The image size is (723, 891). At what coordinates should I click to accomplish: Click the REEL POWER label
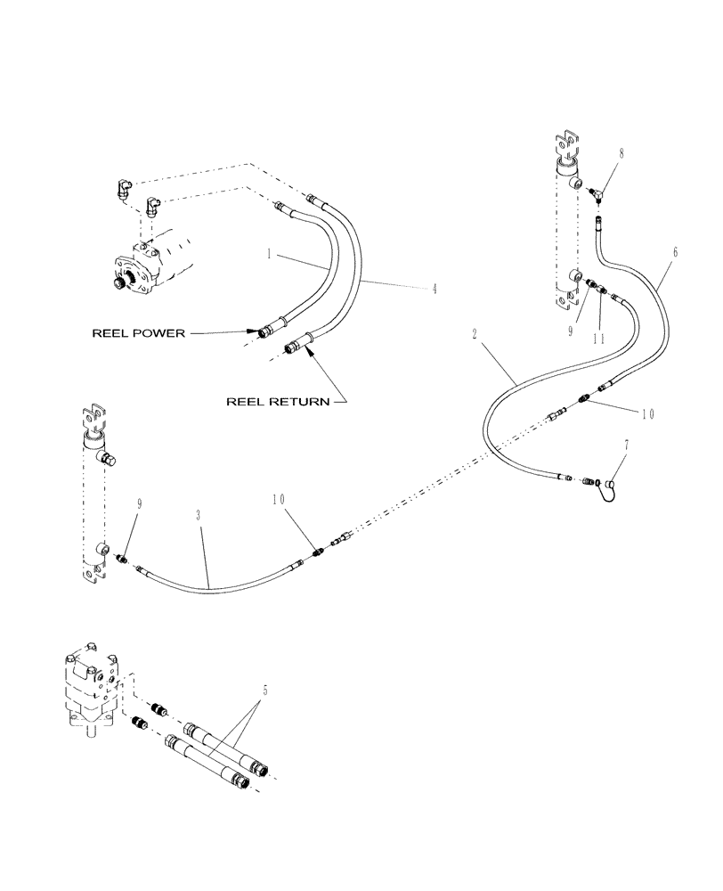pos(139,333)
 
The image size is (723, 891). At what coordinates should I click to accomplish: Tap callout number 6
pos(675,253)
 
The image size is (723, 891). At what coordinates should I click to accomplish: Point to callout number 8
pos(621,152)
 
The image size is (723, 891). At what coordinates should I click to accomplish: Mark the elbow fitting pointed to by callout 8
pos(597,190)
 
